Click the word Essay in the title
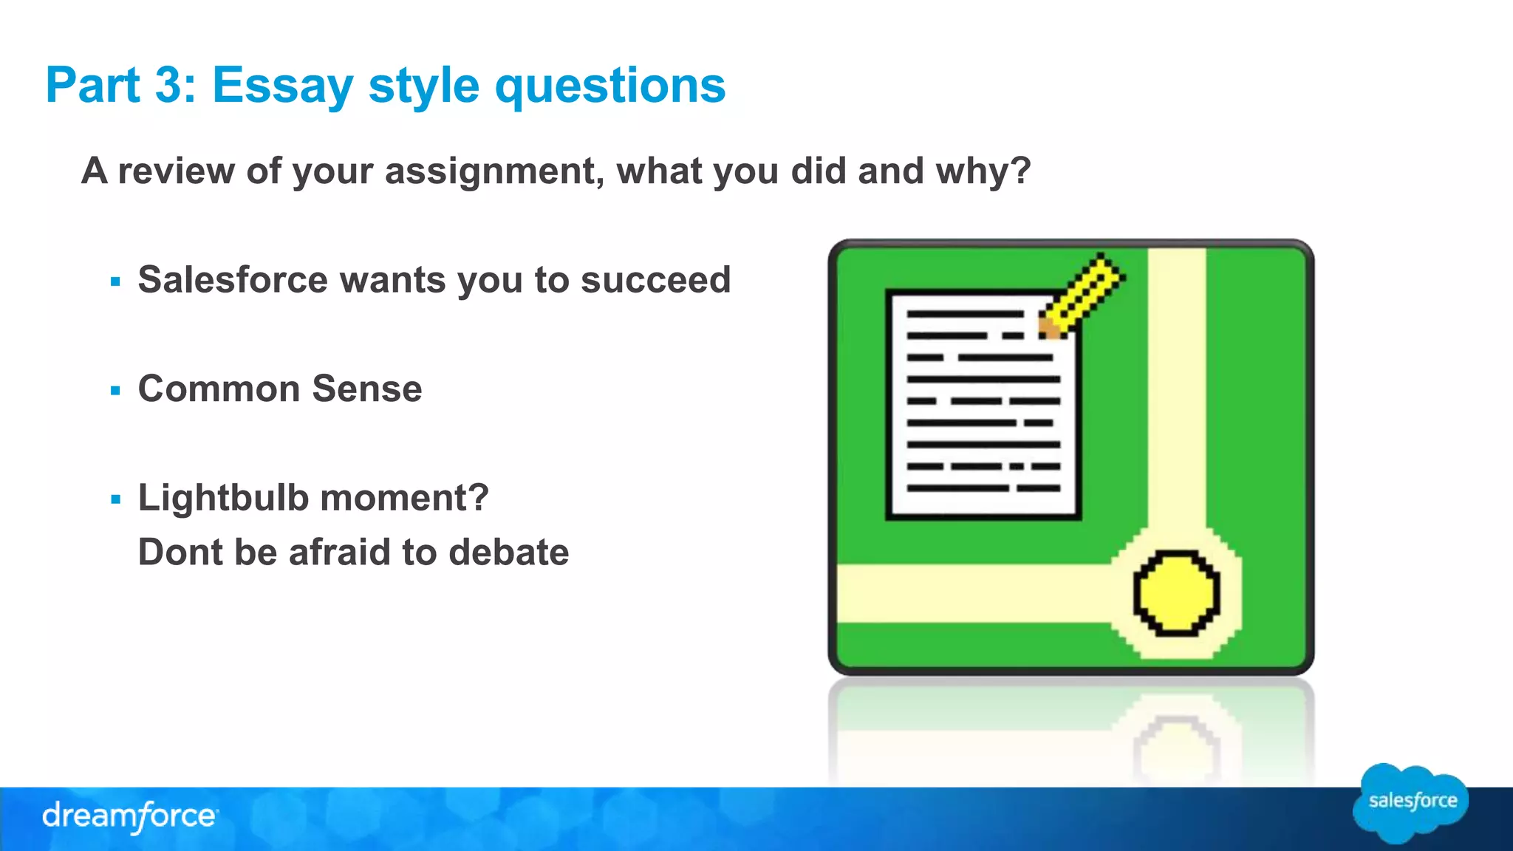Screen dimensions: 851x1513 coord(283,86)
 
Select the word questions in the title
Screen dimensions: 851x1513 coord(609,86)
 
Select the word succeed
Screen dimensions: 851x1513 coord(655,280)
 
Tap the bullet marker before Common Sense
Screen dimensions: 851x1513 coord(115,391)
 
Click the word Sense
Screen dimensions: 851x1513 coord(367,389)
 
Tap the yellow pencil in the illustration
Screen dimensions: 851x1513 coord(1083,295)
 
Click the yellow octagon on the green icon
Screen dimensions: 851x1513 coord(1176,593)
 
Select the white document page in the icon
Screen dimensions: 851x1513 coord(983,406)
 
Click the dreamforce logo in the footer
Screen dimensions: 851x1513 coord(129,816)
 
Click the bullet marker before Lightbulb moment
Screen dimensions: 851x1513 coord(115,500)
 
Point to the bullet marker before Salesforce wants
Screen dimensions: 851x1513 coord(115,281)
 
